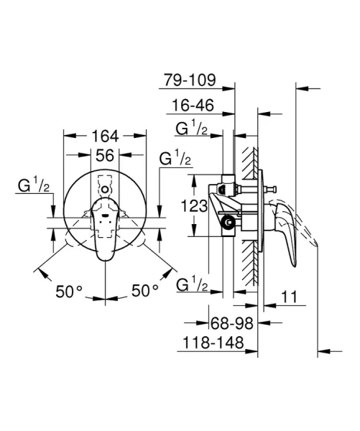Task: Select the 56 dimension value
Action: point(106,155)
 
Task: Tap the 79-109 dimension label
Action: point(189,80)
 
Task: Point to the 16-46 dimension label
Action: point(190,106)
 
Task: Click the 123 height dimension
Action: point(195,207)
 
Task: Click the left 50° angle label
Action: point(70,291)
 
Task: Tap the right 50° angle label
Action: point(144,291)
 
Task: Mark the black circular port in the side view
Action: point(229,223)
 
